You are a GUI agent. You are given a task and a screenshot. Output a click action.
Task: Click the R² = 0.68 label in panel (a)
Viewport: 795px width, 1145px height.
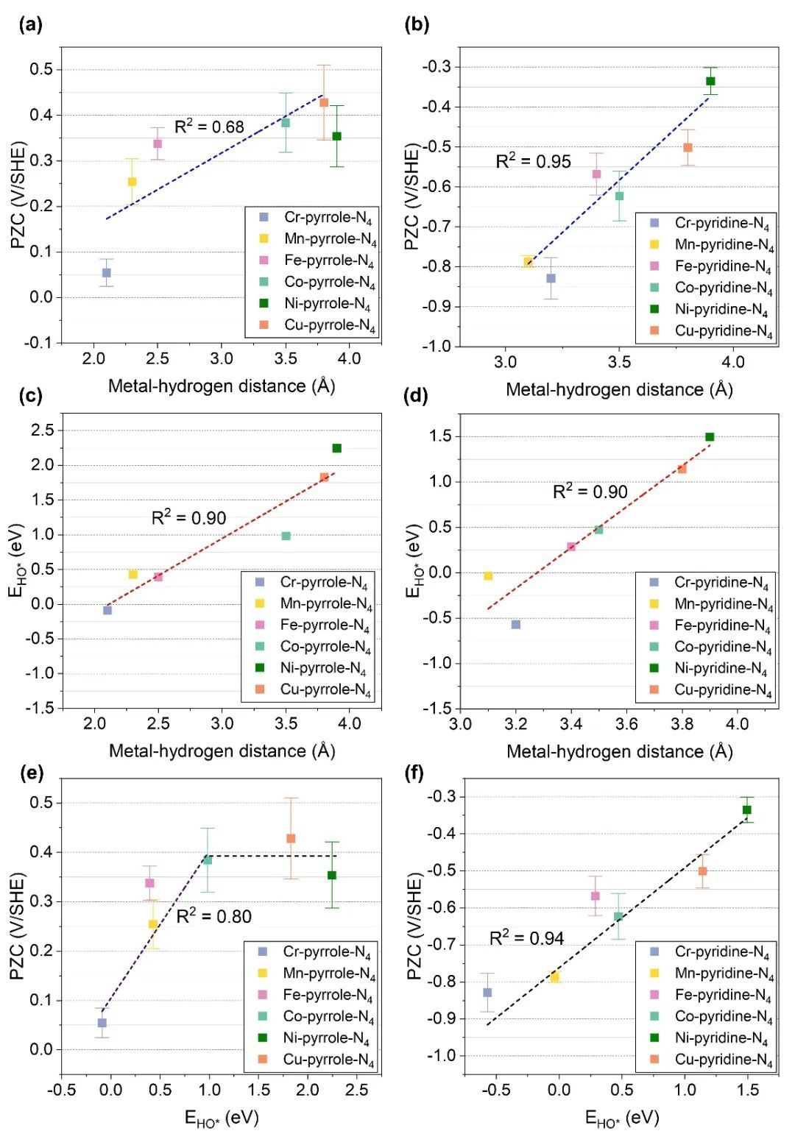209,127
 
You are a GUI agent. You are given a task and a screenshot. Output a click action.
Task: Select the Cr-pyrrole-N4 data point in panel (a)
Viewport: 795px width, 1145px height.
107,273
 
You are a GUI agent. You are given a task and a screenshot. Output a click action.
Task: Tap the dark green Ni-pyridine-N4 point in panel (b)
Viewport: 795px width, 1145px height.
710,81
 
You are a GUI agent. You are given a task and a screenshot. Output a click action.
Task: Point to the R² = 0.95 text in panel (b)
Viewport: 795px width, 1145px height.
533,161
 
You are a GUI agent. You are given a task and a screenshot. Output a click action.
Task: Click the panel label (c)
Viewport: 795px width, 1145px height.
30,397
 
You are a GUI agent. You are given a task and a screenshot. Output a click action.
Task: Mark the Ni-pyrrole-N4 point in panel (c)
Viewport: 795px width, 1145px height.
337,448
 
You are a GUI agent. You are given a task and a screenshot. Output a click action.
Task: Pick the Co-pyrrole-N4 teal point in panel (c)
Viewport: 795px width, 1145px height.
286,536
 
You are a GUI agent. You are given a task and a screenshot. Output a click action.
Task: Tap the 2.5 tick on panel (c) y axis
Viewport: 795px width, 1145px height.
43,430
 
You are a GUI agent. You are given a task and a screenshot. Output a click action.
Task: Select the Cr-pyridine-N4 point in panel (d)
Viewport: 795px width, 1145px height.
516,625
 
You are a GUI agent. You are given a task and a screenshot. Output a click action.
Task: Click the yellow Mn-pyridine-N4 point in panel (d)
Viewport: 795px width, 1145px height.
488,576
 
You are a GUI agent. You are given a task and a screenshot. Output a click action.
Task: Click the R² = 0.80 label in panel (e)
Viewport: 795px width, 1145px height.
214,916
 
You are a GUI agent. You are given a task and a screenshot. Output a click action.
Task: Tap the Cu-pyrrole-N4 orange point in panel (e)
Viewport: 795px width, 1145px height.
291,838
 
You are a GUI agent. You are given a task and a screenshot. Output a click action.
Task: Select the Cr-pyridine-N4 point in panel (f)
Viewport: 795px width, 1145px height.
487,993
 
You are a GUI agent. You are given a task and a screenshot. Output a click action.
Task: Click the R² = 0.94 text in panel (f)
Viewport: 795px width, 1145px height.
527,937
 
